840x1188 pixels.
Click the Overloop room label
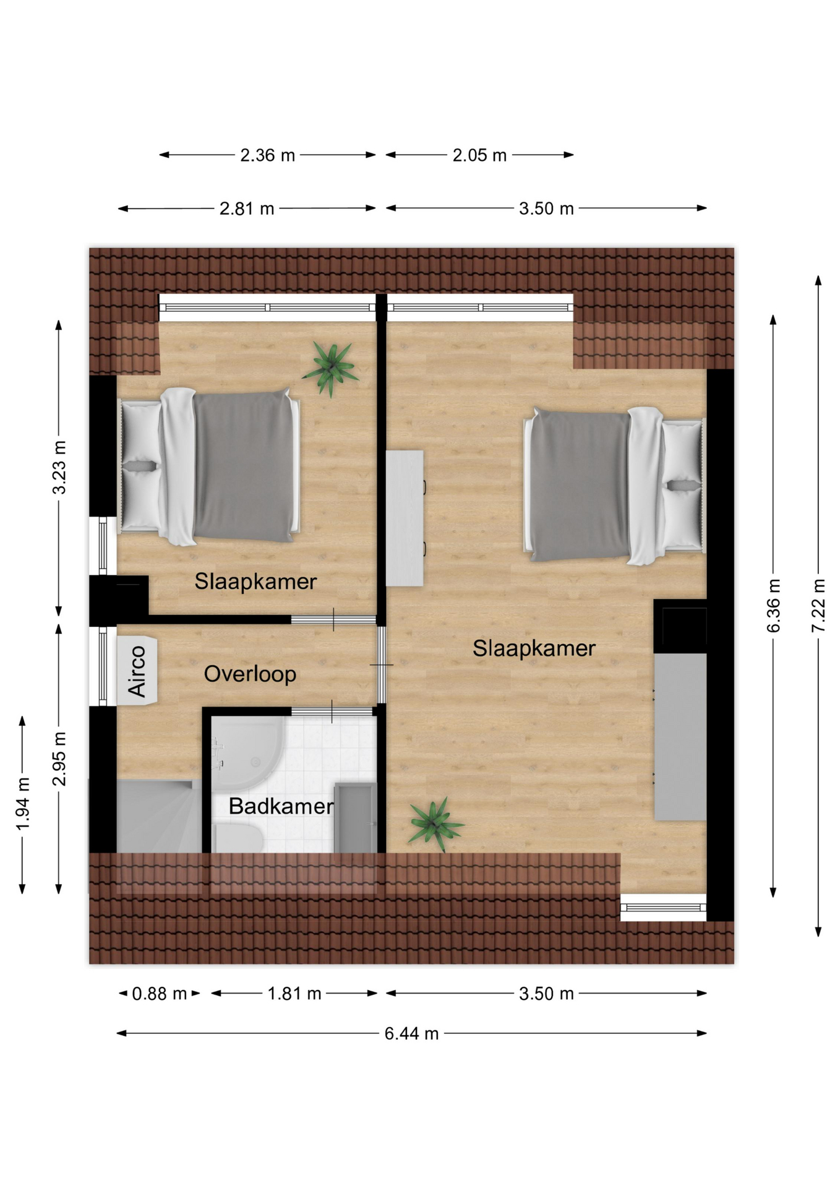tap(250, 674)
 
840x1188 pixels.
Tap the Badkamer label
tap(281, 806)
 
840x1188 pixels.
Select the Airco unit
tap(137, 670)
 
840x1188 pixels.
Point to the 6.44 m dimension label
tap(411, 1033)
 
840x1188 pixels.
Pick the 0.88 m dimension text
tap(159, 994)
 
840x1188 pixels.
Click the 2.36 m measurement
tap(267, 155)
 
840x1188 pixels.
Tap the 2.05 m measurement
tap(479, 155)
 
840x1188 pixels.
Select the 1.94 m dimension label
tap(22, 804)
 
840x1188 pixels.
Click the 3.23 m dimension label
tap(59, 468)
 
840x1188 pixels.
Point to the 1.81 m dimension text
tap(294, 994)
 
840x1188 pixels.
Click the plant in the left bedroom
tap(331, 369)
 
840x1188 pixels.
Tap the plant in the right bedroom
tap(435, 824)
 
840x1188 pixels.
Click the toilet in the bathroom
tap(238, 838)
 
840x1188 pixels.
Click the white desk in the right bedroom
tap(405, 518)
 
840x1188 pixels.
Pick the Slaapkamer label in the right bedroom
tap(534, 648)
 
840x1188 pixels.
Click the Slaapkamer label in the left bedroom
tap(255, 581)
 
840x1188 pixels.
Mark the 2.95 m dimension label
tap(59, 758)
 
